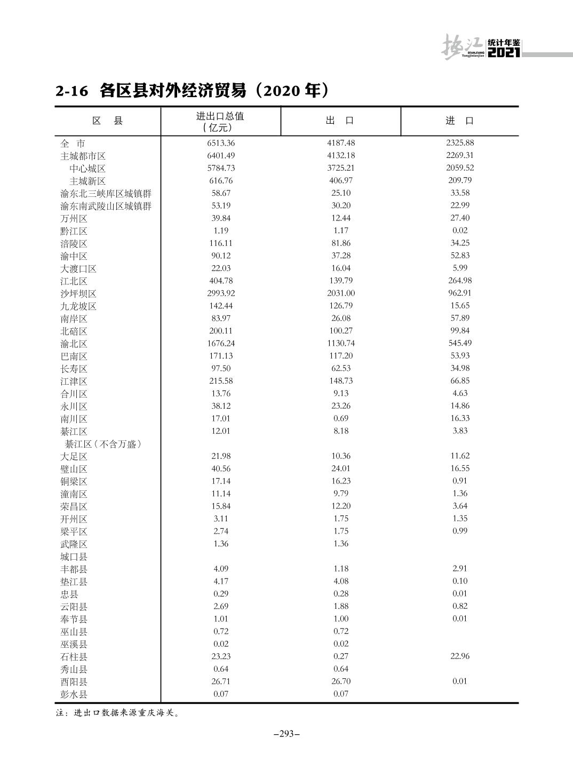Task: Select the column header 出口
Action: click(x=340, y=121)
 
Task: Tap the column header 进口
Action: click(x=459, y=121)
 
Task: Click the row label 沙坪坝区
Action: click(x=78, y=294)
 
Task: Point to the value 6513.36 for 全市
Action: click(x=220, y=143)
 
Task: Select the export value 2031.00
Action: click(x=340, y=293)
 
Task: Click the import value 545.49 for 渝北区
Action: click(x=460, y=343)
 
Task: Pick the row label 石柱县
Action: click(x=74, y=657)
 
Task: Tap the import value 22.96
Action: click(x=459, y=656)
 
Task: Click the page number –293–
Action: click(x=286, y=734)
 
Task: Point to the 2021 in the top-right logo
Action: click(x=503, y=53)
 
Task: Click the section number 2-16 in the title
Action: click(x=71, y=91)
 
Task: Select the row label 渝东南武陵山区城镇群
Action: click(x=106, y=206)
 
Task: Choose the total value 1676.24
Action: click(x=220, y=344)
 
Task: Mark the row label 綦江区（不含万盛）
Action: click(x=103, y=444)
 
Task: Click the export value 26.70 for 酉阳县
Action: click(x=340, y=681)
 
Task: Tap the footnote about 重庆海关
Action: click(x=118, y=713)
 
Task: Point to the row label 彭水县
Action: click(x=74, y=694)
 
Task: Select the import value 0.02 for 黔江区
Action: click(x=459, y=231)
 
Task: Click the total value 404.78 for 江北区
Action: click(x=220, y=281)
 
